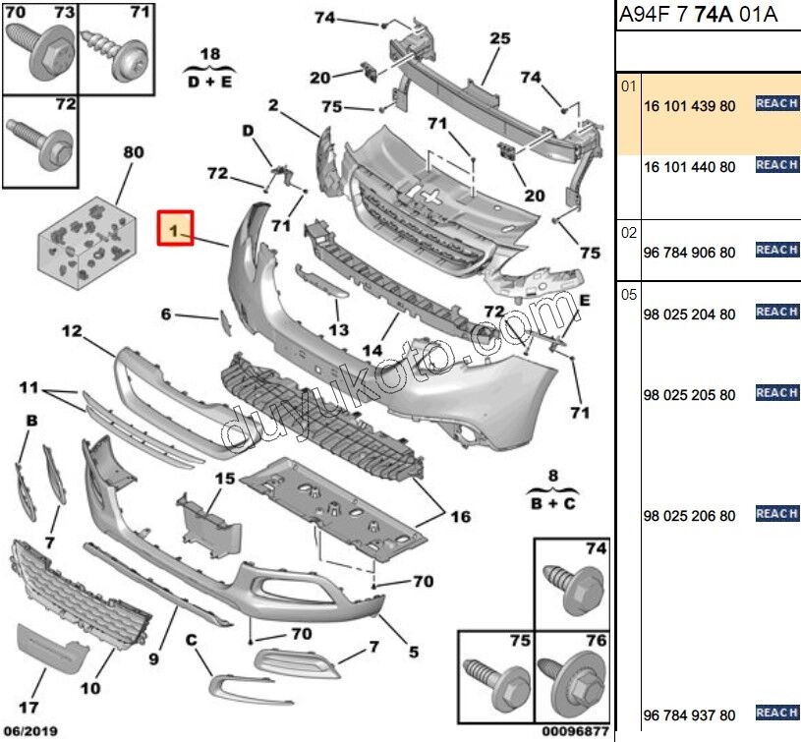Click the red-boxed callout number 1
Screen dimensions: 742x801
[177, 230]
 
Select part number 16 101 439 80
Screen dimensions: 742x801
[689, 106]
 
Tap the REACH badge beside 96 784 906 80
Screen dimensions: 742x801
[776, 251]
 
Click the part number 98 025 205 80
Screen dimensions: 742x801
[689, 395]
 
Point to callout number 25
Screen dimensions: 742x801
[499, 39]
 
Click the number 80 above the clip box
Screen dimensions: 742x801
[133, 153]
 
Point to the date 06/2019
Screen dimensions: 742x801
[27, 731]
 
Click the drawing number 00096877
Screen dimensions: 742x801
[575, 731]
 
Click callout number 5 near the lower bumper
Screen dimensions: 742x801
[414, 651]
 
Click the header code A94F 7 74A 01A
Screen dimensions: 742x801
[697, 15]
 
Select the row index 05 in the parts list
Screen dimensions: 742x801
[629, 294]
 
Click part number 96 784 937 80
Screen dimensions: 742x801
[689, 714]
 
